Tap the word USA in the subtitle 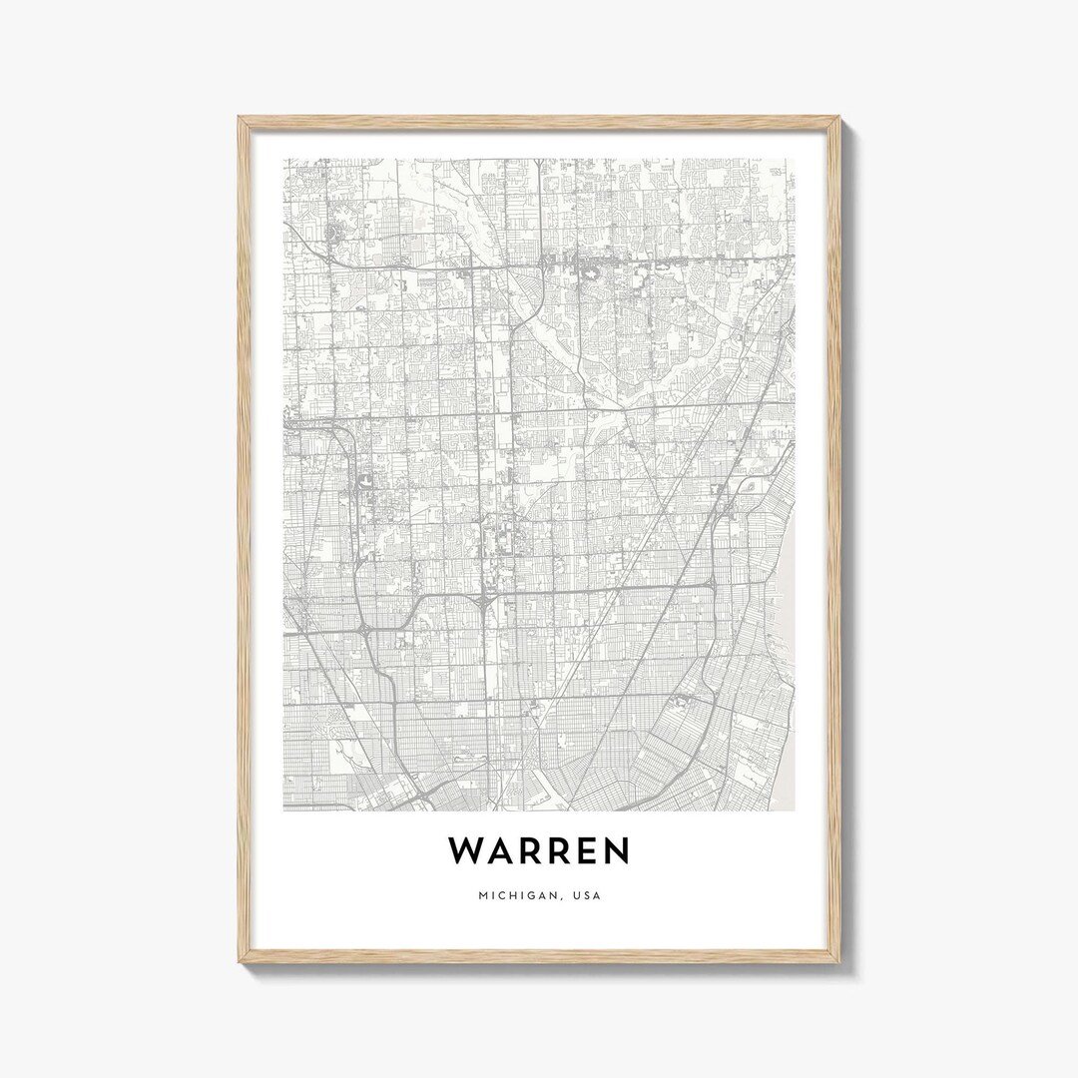587,895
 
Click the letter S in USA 587,895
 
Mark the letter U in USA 576,895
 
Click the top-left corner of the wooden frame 241,119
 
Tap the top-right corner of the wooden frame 838,119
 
